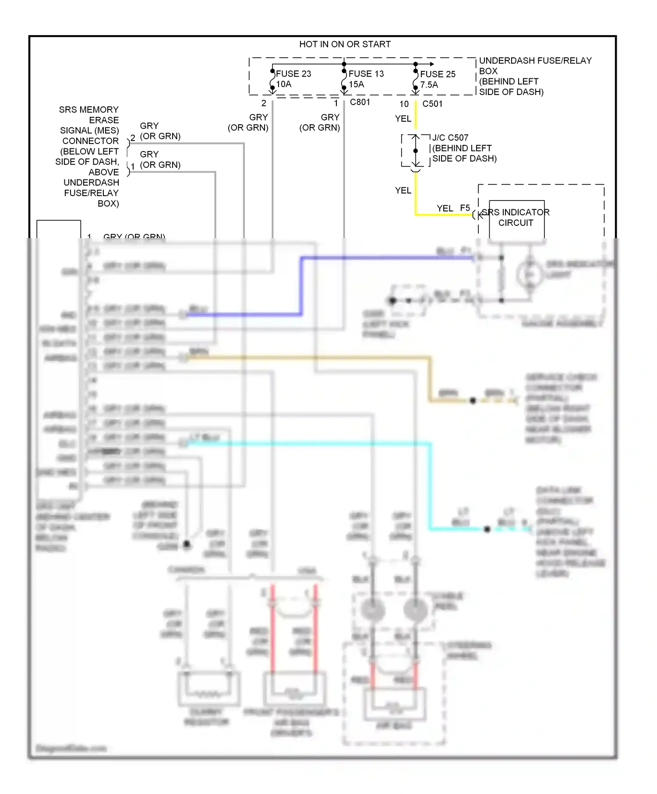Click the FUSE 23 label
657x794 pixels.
(293, 74)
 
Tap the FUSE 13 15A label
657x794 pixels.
(366, 79)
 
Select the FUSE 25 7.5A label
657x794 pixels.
(437, 80)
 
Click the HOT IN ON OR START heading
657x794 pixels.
(345, 44)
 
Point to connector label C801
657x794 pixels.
(360, 102)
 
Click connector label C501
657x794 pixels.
(432, 104)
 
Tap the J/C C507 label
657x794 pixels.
(450, 138)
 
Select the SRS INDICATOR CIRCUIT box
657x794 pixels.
(516, 219)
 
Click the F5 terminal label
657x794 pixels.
(465, 208)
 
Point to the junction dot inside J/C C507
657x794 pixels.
(416, 151)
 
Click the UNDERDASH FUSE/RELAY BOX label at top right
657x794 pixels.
(535, 76)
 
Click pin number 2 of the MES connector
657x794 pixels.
(133, 138)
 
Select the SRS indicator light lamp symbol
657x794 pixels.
(530, 274)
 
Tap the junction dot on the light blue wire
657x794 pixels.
(487, 529)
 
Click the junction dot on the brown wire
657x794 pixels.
(473, 401)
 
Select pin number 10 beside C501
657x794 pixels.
(404, 104)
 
